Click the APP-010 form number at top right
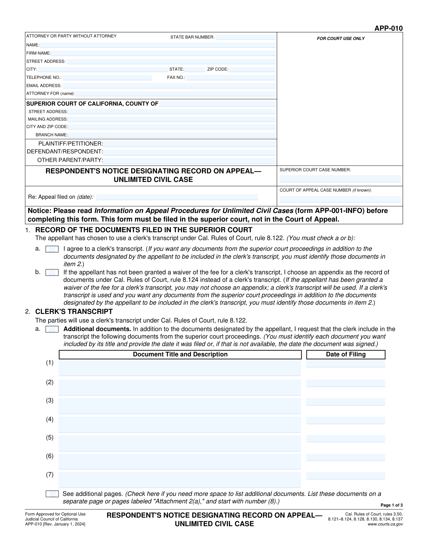pos(388,29)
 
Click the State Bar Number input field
pos(245,37)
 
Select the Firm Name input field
pos(163,53)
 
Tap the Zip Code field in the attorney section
pos(252,70)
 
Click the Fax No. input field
pos(231,77)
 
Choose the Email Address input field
pos(169,86)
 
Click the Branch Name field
pos(172,135)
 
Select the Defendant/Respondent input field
pos(189,152)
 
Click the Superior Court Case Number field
pos(340,179)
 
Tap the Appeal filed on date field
pos(177,197)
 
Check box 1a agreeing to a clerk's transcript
pos(52,249)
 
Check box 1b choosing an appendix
pos(52,273)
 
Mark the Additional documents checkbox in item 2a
pos(52,329)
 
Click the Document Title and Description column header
pos(180,355)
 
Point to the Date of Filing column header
pos(346,355)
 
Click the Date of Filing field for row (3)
pos(346,402)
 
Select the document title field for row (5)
pos(180,443)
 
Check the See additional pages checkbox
pos(52,494)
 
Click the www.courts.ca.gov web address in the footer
pos(385,524)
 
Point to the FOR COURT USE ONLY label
pos(341,39)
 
